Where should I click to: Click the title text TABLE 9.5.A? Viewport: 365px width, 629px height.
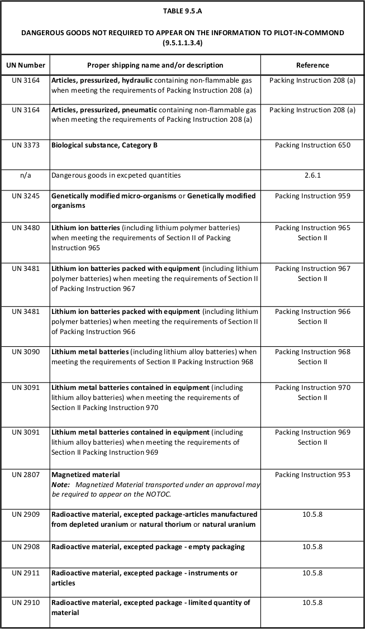pos(182,11)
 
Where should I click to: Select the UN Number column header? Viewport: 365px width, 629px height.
pos(25,65)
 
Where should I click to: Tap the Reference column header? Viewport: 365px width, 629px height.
pos(312,65)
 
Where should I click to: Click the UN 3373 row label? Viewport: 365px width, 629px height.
pos(25,145)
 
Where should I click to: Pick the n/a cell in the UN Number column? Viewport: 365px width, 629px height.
pos(25,175)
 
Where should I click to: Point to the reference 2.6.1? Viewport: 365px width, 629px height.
pos(312,175)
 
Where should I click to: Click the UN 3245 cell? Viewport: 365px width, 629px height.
pos(25,196)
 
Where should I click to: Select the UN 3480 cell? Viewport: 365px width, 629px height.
pos(25,228)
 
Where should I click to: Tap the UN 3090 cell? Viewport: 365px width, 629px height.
pos(25,352)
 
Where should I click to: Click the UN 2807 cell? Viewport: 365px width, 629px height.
pos(25,475)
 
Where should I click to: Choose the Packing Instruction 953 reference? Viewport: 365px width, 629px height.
pos(312,475)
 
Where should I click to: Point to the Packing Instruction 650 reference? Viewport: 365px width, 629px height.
pos(312,145)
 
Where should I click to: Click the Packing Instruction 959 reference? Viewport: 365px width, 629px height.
pos(312,196)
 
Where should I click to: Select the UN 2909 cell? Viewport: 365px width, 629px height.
pos(25,514)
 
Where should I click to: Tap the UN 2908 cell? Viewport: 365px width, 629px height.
pos(25,546)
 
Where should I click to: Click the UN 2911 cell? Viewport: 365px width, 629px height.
pos(25,573)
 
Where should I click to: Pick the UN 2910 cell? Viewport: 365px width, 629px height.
pos(25,603)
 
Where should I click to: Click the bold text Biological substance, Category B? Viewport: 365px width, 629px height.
pos(105,145)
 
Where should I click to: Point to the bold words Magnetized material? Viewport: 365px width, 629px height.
pos(86,475)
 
